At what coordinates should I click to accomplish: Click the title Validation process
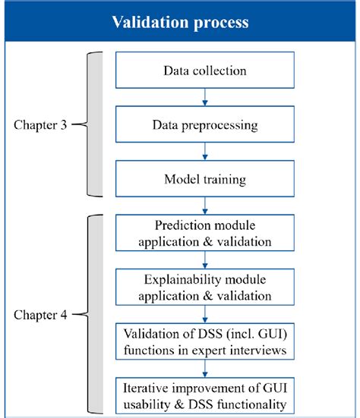tap(179, 22)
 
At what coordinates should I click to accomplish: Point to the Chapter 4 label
tap(39, 313)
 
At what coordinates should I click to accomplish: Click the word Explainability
tap(169, 280)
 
